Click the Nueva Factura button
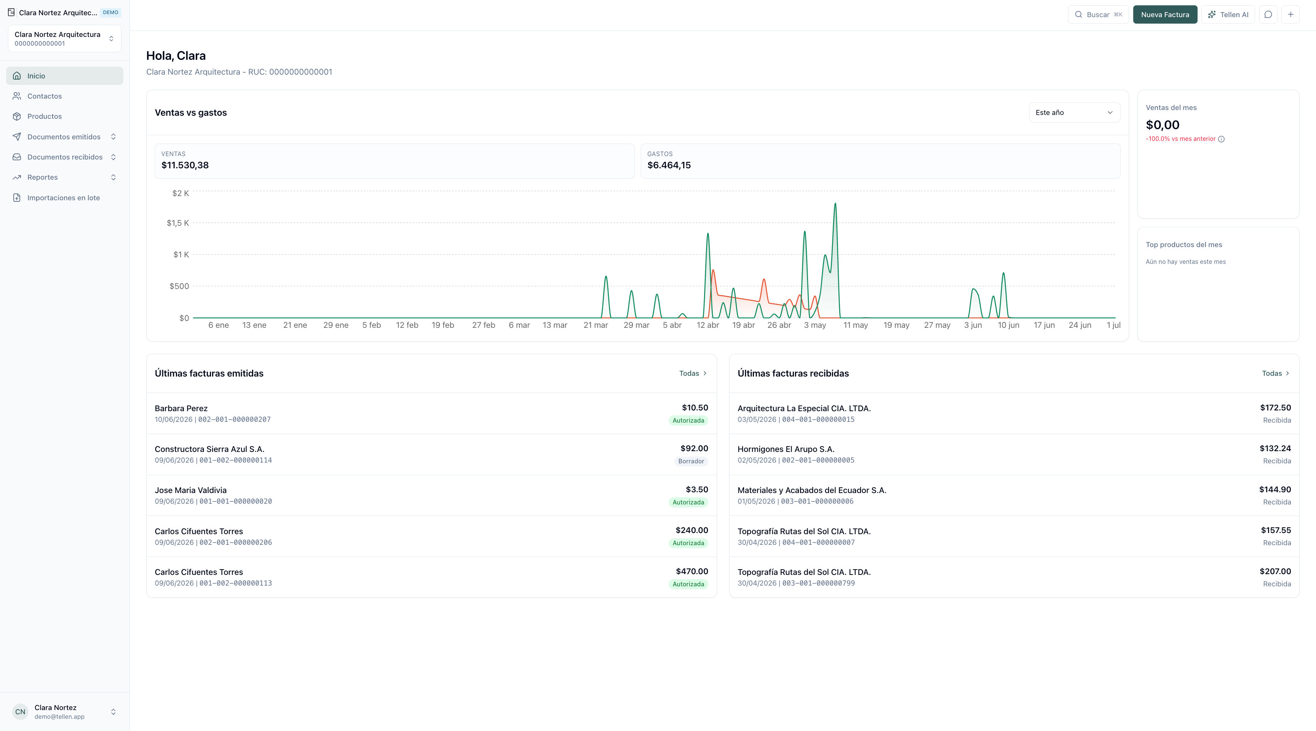(x=1165, y=14)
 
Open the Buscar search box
(x=1098, y=14)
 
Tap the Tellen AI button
(x=1228, y=14)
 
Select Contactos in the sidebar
(x=45, y=96)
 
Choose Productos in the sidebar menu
(x=45, y=117)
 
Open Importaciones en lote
(x=63, y=198)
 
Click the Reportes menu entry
(x=42, y=177)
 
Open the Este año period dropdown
(x=1074, y=112)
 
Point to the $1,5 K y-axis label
(x=178, y=223)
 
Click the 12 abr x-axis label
(x=708, y=325)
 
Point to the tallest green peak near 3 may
(x=835, y=204)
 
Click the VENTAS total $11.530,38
(x=185, y=165)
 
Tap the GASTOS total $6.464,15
(x=669, y=165)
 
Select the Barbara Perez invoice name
(x=181, y=408)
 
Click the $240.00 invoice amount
(x=692, y=530)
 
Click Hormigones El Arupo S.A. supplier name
(x=786, y=449)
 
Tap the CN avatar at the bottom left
(x=21, y=712)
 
